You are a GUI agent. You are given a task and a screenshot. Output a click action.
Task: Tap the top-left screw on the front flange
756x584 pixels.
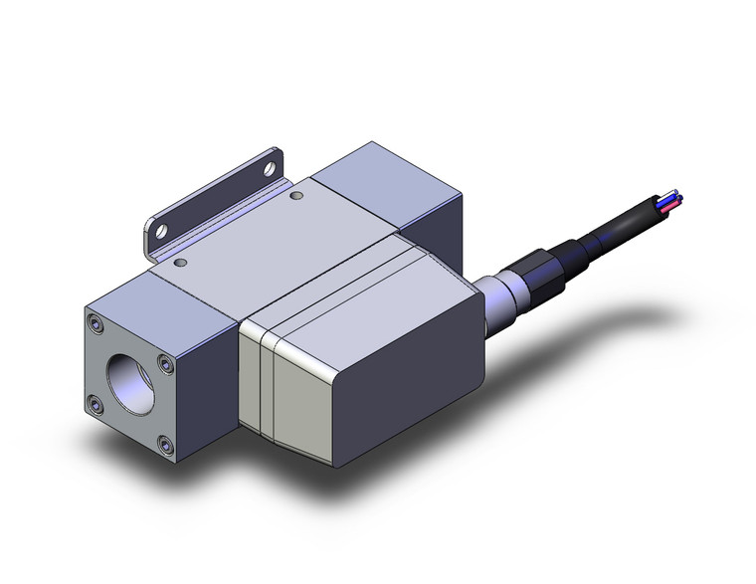click(94, 325)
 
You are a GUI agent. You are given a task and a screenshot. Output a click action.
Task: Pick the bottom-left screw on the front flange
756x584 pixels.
click(95, 403)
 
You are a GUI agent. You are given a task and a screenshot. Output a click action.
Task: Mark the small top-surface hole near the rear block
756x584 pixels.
click(296, 198)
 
